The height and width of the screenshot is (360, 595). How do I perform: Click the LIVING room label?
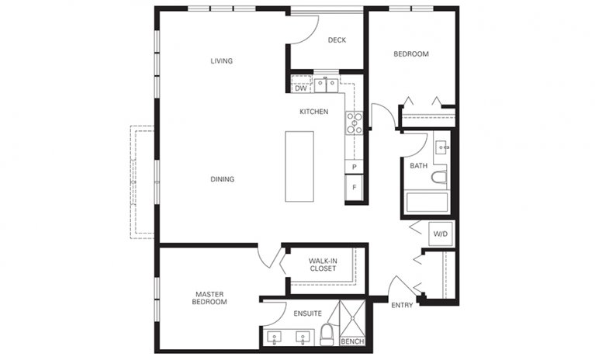click(x=222, y=61)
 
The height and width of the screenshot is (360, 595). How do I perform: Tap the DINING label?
click(x=222, y=179)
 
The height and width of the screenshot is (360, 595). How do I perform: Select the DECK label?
click(x=337, y=40)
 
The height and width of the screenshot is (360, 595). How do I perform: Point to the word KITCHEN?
click(x=314, y=112)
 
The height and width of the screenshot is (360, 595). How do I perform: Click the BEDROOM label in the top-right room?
click(x=411, y=54)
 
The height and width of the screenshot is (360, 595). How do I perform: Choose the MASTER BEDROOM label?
click(x=210, y=297)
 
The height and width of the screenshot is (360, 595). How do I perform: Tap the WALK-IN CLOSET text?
click(x=323, y=265)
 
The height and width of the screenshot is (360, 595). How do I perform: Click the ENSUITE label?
click(x=308, y=313)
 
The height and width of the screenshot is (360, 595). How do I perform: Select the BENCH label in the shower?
click(x=351, y=341)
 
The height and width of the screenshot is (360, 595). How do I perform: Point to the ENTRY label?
click(x=402, y=305)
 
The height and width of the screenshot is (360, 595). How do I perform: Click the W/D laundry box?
click(x=441, y=234)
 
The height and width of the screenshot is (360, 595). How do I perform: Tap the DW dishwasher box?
click(x=300, y=88)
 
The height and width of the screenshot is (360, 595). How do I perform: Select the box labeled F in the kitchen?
click(x=355, y=188)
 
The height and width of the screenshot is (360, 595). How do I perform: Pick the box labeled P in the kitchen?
click(x=355, y=168)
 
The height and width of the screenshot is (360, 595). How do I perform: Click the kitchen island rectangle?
click(x=299, y=166)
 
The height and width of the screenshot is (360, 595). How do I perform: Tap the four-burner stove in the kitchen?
click(x=355, y=123)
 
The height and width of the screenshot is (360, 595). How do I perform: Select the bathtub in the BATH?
click(x=427, y=203)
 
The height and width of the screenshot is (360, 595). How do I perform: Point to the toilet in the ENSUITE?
click(x=328, y=336)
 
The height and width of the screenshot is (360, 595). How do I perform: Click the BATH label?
click(x=418, y=165)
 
